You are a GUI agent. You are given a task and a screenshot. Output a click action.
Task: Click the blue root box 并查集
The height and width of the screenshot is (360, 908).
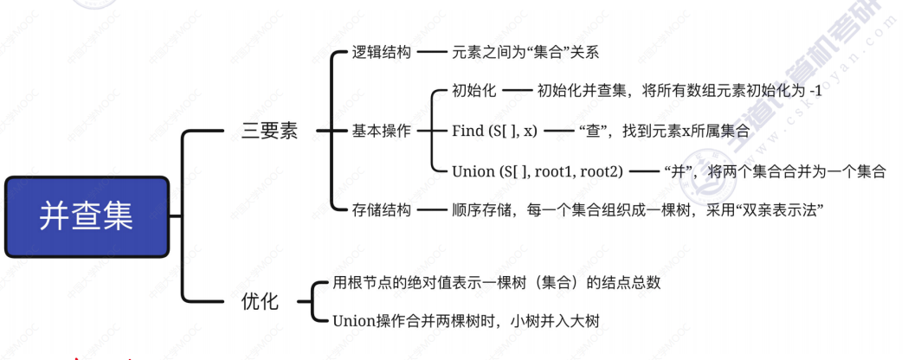tap(86, 215)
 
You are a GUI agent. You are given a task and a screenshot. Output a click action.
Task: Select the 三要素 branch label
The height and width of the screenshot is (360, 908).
tap(269, 131)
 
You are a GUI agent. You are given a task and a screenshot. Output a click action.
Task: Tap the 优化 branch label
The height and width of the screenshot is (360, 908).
tap(260, 301)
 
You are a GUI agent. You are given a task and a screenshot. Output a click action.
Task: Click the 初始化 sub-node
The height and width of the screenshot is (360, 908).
tap(473, 90)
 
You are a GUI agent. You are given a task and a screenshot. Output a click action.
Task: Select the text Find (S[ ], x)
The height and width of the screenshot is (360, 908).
tap(494, 131)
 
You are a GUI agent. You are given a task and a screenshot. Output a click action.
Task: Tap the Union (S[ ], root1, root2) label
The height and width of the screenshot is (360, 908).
tap(537, 171)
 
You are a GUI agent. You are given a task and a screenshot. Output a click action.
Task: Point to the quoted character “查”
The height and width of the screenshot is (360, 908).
tap(595, 131)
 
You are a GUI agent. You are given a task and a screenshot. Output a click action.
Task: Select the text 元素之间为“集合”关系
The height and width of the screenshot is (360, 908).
tap(525, 52)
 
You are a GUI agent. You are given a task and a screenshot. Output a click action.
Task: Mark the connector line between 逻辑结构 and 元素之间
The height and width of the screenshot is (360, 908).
tap(430, 52)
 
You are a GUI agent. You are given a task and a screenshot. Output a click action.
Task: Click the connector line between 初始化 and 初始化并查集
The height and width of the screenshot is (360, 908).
tap(516, 90)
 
